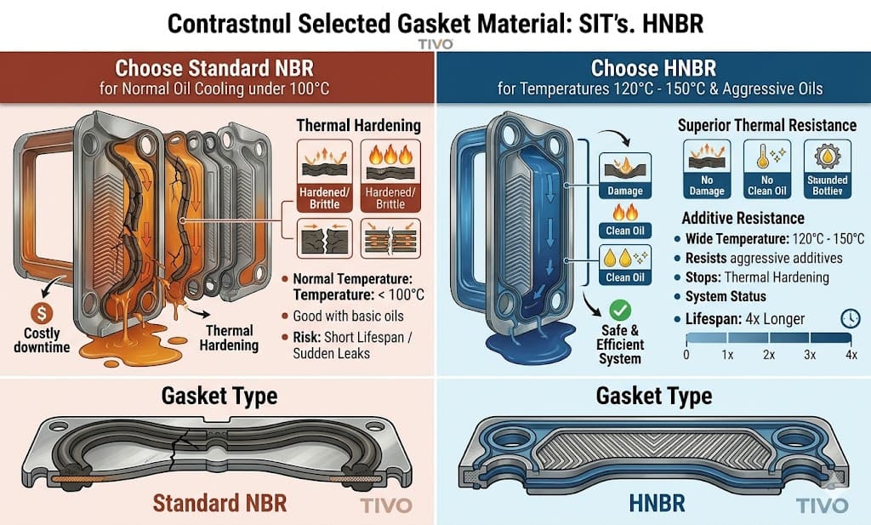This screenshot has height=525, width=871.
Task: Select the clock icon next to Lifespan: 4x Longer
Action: [x=849, y=317]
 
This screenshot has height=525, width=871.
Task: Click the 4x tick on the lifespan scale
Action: [x=850, y=353]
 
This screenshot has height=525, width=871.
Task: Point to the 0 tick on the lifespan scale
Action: [x=686, y=353]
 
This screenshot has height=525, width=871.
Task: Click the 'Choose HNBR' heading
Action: [x=653, y=67]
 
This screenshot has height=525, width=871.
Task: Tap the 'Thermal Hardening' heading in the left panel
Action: [x=358, y=126]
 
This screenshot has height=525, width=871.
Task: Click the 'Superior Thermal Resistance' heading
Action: [x=766, y=126]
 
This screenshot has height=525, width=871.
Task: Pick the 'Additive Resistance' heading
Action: [x=743, y=219]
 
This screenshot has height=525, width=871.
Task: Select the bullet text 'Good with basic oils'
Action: [x=350, y=316]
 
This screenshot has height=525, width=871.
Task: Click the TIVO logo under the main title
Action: [x=435, y=43]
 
